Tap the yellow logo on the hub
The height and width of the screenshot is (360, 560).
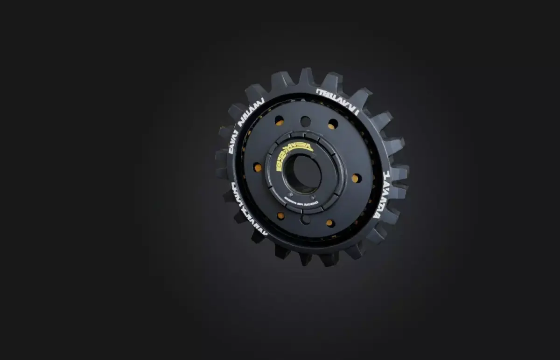pyautogui.click(x=294, y=156)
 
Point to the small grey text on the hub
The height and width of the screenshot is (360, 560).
pyautogui.click(x=301, y=203)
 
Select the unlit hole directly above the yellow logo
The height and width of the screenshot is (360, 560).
pyautogui.click(x=305, y=121)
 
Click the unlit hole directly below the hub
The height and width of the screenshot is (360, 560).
pyautogui.click(x=305, y=219)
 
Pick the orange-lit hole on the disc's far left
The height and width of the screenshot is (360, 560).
pyautogui.click(x=257, y=167)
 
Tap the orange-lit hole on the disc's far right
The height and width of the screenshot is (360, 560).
pyautogui.click(x=356, y=178)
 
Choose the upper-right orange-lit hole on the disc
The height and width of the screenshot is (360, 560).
pyautogui.click(x=333, y=124)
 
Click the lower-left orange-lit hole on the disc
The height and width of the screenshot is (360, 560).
pyautogui.click(x=280, y=215)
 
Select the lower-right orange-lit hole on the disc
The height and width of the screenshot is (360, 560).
pyautogui.click(x=330, y=222)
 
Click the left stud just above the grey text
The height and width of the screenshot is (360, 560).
pyautogui.click(x=290, y=194)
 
